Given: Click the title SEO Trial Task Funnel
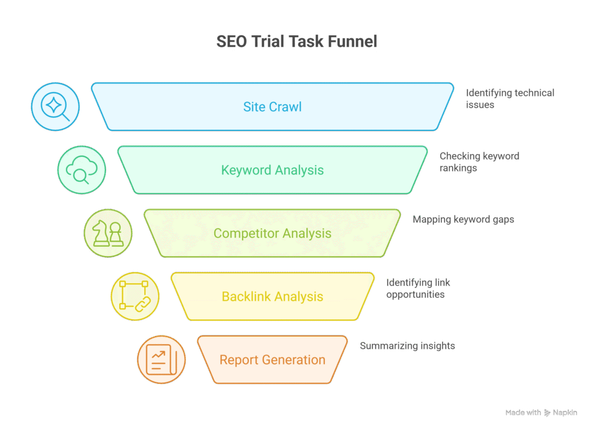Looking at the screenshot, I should tap(296, 42).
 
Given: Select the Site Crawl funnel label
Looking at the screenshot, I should tap(272, 107).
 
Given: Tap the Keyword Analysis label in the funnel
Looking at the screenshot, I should tap(272, 170).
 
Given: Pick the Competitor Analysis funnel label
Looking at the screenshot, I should tap(272, 233).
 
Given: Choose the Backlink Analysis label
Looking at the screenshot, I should tap(272, 297).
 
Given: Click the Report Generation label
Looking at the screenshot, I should tap(272, 360).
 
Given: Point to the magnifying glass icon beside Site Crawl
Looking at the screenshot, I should tap(55, 107).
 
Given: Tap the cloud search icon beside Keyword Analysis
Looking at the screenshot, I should tap(82, 170).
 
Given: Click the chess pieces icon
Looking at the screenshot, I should tap(108, 233).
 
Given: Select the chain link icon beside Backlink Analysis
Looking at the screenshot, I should tap(135, 296).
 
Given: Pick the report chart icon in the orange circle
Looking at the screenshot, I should tap(161, 359).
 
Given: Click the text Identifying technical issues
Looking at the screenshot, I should tap(510, 98).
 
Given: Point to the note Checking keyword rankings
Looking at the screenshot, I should tap(479, 162).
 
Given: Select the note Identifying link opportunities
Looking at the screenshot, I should tap(418, 288).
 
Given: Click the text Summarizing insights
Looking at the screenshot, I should tap(407, 346).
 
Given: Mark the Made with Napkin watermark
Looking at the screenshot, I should tap(541, 413).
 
